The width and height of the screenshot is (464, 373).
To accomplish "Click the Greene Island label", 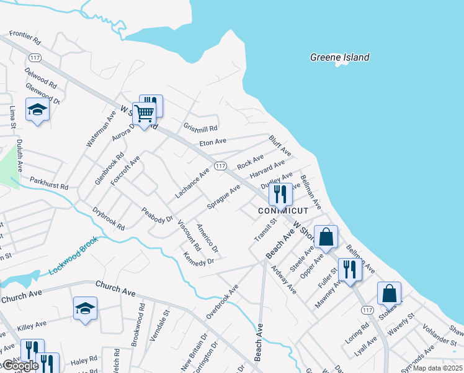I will (x=339, y=57).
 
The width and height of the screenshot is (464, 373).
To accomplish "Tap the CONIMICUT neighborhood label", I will (x=280, y=211).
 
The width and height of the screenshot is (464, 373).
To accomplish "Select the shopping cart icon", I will (x=144, y=114).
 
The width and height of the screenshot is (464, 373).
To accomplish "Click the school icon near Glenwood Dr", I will (x=37, y=111).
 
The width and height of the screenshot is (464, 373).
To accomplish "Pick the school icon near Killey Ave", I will (x=85, y=308).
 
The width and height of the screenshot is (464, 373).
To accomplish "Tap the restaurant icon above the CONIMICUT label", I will (x=280, y=194).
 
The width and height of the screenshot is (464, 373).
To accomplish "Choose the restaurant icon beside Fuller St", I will (x=350, y=269).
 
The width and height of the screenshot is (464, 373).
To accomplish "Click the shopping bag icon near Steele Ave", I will (x=326, y=236).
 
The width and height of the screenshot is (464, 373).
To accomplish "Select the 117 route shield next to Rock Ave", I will (x=220, y=165).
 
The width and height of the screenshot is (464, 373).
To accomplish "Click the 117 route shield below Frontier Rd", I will (x=33, y=57).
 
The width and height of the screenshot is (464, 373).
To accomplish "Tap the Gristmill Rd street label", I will (x=200, y=128).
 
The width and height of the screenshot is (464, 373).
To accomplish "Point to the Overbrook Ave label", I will (x=222, y=302).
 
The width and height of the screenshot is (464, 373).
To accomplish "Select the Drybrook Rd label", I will (x=108, y=218).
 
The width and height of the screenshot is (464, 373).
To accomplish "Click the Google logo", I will (x=20, y=366).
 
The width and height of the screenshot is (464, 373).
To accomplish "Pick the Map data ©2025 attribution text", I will (x=438, y=368).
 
